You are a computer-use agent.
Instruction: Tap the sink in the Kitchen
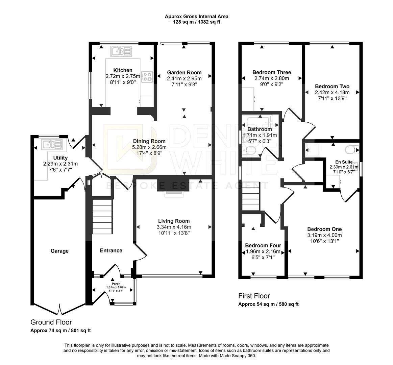pyautogui.click(x=121, y=51)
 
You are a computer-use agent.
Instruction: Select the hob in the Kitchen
pyautogui.click(x=147, y=77)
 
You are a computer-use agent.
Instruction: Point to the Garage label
pyautogui.click(x=59, y=251)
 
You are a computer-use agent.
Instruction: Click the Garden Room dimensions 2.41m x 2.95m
pyautogui.click(x=184, y=78)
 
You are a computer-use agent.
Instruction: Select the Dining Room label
pyautogui.click(x=149, y=141)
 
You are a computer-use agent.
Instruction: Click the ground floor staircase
pyautogui.click(x=102, y=217)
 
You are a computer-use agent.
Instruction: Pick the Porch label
pyautogui.click(x=116, y=284)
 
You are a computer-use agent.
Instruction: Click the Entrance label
pyautogui.click(x=111, y=250)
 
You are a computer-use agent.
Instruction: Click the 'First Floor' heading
pyautogui.click(x=254, y=296)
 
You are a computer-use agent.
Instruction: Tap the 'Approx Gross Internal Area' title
pyautogui.click(x=196, y=16)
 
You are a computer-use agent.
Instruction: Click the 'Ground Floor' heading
pyautogui.click(x=51, y=322)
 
